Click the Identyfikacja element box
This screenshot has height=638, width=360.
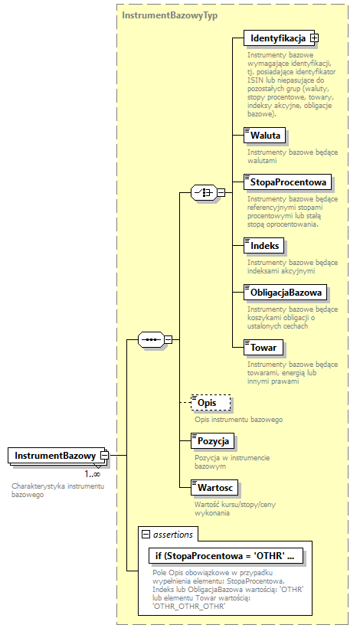point(276,38)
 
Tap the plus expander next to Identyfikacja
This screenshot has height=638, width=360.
point(314,38)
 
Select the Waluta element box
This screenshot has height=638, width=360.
point(263,136)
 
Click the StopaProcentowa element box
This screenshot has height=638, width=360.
point(286,182)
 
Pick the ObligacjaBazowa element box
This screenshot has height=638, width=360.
point(286,292)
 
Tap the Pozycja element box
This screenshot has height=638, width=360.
point(213,441)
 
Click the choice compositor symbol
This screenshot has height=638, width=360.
point(202,192)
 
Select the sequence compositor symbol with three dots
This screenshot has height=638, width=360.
point(150,339)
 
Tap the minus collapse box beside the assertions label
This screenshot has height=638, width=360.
point(146,534)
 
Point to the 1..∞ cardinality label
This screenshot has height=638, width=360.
point(93,474)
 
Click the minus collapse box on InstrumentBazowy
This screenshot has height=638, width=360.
point(104,456)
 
